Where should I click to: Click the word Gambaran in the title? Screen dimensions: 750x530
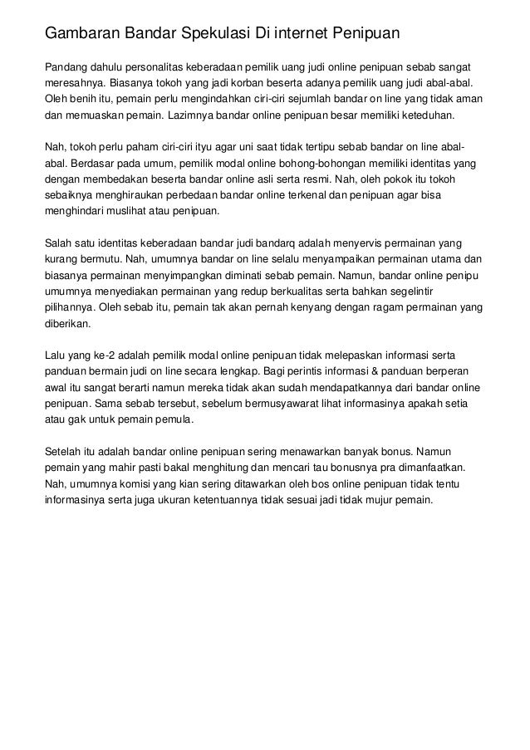click(81, 34)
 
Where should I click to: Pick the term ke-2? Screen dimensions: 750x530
click(106, 355)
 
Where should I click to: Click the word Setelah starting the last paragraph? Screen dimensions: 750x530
click(63, 452)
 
